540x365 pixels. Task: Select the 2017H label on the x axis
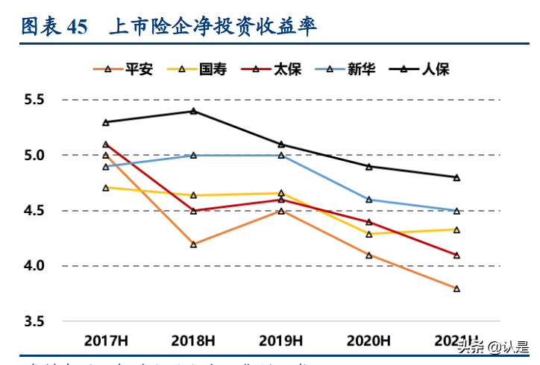pos(106,341)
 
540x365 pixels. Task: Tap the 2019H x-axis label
pos(281,341)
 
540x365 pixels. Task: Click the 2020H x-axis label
pos(368,341)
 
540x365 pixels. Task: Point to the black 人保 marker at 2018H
pos(193,111)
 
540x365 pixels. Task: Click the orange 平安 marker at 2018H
pos(193,244)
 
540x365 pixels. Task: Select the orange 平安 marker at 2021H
pos(456,288)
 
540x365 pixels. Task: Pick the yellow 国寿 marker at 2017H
pos(106,188)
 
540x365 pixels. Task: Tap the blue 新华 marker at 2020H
pos(368,200)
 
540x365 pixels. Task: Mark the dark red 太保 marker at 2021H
pos(456,256)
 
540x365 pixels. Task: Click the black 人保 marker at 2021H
pos(456,177)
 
